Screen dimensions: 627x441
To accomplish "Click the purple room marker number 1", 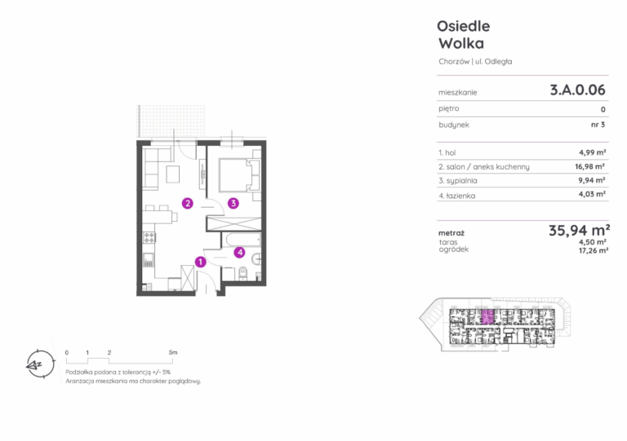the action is (x=200, y=262).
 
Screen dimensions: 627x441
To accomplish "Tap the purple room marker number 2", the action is (x=188, y=203).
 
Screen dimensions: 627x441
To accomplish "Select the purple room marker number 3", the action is (x=233, y=203).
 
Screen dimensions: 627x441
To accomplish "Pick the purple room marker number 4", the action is (x=239, y=252).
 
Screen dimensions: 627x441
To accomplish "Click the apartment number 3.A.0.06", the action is (x=577, y=90).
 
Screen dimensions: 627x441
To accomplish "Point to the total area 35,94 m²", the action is (x=579, y=230).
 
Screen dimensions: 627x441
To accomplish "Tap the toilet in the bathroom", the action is (x=242, y=274).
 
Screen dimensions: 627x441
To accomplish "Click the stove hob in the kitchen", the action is (x=149, y=238).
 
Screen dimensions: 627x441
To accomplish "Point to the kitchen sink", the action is (x=149, y=259).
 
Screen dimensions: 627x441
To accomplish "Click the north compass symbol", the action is (x=39, y=364).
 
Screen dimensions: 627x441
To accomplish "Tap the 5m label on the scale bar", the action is (x=173, y=352).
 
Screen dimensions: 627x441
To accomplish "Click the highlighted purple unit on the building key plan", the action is (x=487, y=317).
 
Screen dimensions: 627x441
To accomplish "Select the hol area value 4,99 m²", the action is (x=592, y=152).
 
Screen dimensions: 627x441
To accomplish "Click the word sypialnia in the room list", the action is (x=461, y=181).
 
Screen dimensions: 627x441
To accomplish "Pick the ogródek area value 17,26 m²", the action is (x=594, y=250).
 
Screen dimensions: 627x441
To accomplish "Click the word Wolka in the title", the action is (x=461, y=43).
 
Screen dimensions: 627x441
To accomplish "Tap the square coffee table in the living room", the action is (x=173, y=174).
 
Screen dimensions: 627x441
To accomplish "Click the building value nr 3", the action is (x=598, y=125).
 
